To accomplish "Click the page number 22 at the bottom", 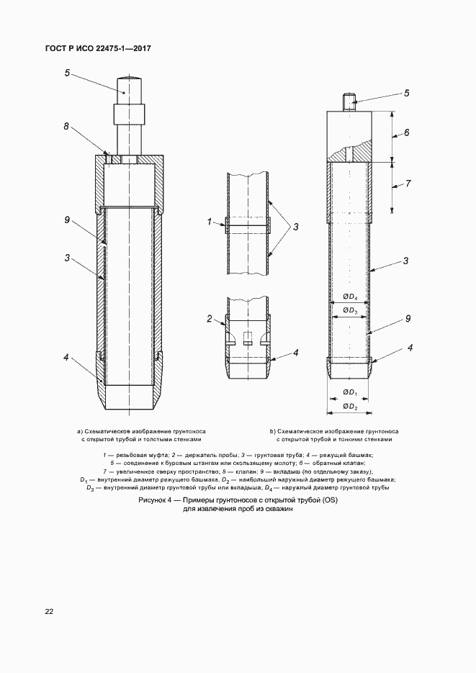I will pyautogui.click(x=48, y=612).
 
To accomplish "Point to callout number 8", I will pyautogui.click(x=66, y=126).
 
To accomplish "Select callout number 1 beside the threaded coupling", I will pyautogui.click(x=209, y=223).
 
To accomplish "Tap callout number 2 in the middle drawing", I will pyautogui.click(x=209, y=318).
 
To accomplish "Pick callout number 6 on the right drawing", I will pyautogui.click(x=406, y=133).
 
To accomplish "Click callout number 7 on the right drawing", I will pyautogui.click(x=408, y=184).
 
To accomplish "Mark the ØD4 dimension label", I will pyautogui.click(x=350, y=297).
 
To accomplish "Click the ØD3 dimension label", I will pyautogui.click(x=350, y=310).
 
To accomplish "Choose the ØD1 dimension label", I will pyautogui.click(x=350, y=392).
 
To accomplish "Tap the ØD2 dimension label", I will pyautogui.click(x=350, y=406).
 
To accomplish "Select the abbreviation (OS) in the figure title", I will pyautogui.click(x=329, y=500).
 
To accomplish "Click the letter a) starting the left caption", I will pyautogui.click(x=80, y=431).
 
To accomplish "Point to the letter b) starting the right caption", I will pyautogui.click(x=273, y=431).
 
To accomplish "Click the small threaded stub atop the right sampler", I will pyautogui.click(x=351, y=102).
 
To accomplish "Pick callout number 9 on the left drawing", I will pyautogui.click(x=66, y=220).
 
